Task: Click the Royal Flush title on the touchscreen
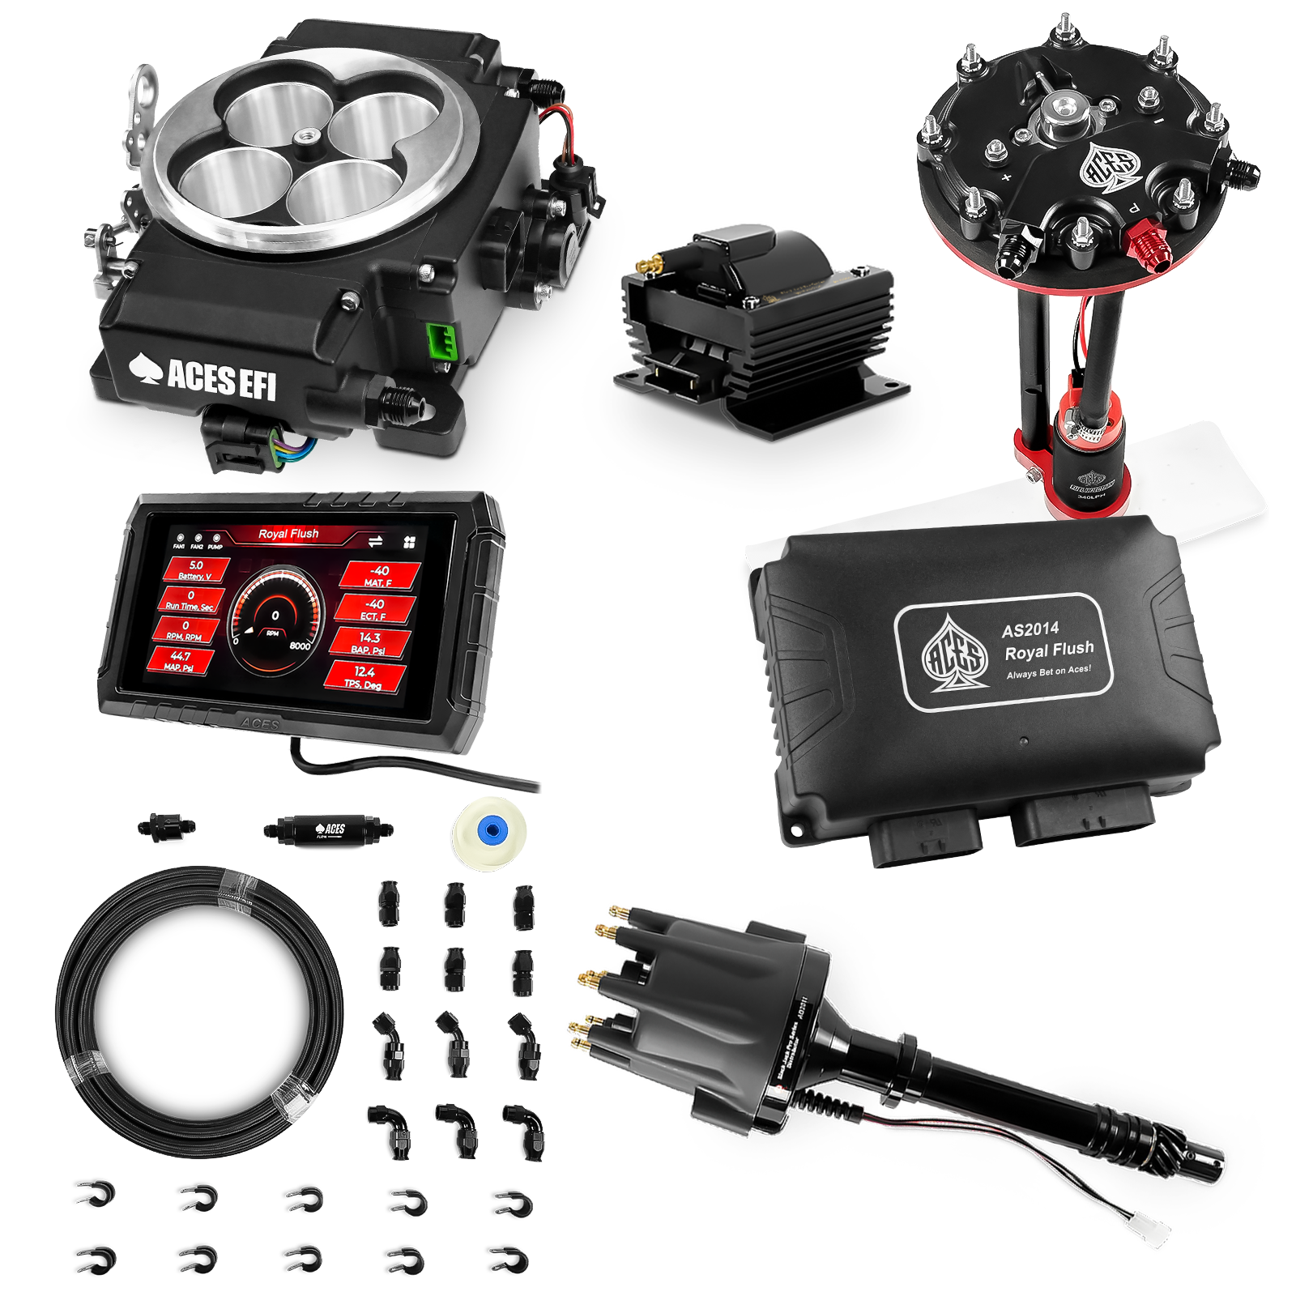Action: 288,534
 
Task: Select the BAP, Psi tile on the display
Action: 369,643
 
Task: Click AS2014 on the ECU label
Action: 1030,629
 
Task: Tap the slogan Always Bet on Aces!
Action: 1048,671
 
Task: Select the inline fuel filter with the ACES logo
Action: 329,829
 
